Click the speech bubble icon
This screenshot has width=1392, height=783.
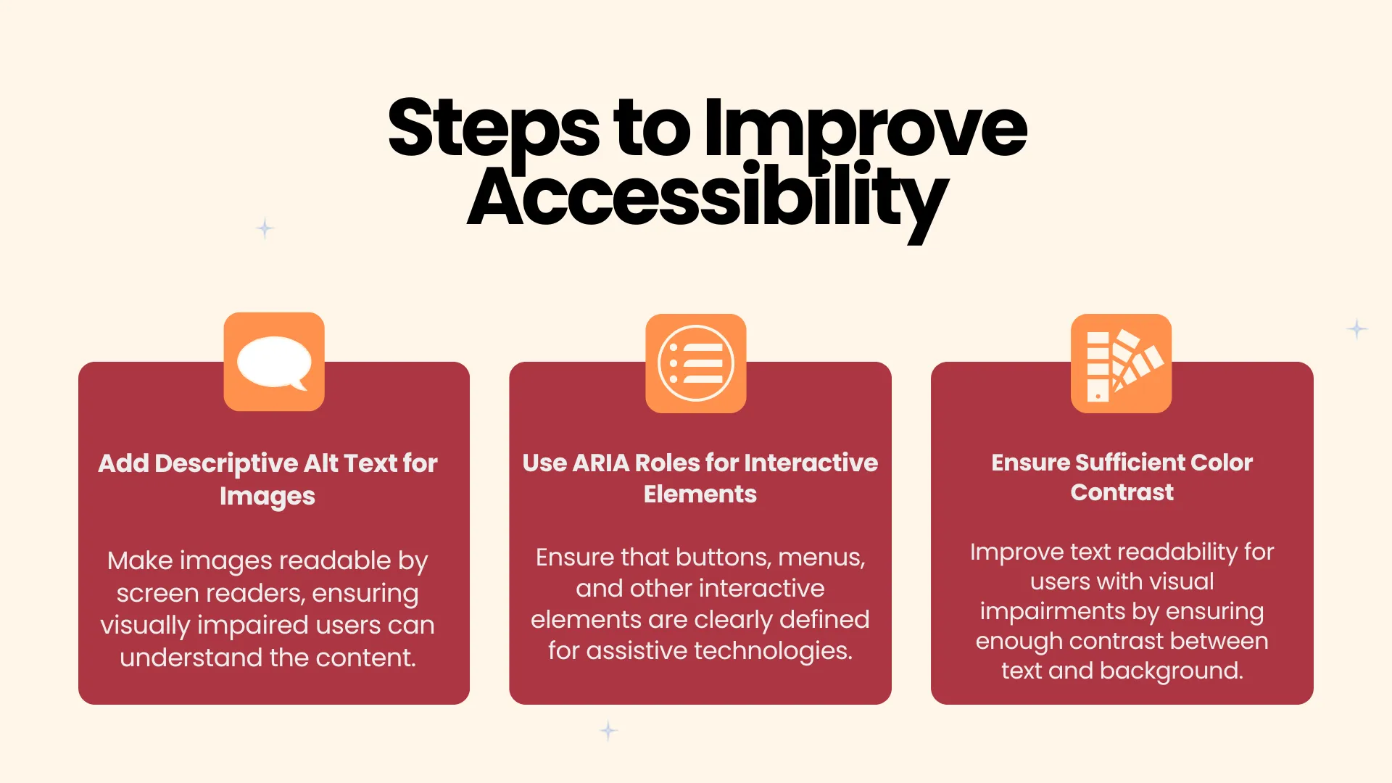274,362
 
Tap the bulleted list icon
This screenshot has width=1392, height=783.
696,363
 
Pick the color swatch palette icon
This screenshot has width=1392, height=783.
1122,364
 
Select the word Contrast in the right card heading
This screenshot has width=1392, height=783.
1122,492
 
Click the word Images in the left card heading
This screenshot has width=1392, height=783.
268,497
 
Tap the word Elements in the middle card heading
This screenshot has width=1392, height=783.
700,494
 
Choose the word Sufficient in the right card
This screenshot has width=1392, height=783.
1129,463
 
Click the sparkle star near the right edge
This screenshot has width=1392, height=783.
1357,328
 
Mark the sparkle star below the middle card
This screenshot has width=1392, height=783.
608,730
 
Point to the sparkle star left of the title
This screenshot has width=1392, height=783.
265,228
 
